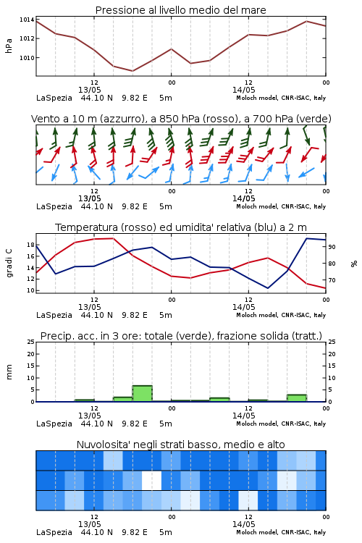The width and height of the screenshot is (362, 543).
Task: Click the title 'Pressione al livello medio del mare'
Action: point(180,10)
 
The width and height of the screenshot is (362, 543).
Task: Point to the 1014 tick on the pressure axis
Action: point(27,20)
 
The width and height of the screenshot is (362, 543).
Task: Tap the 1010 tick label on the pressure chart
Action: point(27,58)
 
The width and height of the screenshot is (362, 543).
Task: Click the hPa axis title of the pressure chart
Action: point(9,46)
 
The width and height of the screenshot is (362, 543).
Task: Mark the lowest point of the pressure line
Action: point(132,71)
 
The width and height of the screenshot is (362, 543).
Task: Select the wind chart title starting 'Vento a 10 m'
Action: point(181,119)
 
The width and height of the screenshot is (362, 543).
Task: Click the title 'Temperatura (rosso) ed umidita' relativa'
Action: point(181,227)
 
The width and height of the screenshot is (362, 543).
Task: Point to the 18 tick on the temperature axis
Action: point(30,245)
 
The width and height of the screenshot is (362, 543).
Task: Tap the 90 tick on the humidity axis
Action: point(332,247)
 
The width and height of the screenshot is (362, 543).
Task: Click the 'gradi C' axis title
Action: point(9,264)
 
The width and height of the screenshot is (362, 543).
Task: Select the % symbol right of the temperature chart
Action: point(354,264)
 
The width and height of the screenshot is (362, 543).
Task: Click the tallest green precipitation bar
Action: point(142,393)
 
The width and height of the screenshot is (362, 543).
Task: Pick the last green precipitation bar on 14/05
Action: point(297,398)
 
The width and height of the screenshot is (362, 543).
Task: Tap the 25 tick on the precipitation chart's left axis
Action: point(30,342)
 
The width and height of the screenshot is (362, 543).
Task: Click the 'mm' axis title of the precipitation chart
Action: point(9,372)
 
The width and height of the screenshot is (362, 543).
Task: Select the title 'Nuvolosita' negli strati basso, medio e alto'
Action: point(180,445)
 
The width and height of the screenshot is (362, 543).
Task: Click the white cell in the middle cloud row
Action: point(152,480)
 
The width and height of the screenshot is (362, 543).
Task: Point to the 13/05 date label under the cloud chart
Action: point(89,524)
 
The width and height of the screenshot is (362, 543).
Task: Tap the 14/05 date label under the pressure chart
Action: point(243,90)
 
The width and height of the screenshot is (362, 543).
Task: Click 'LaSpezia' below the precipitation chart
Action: point(54,424)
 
